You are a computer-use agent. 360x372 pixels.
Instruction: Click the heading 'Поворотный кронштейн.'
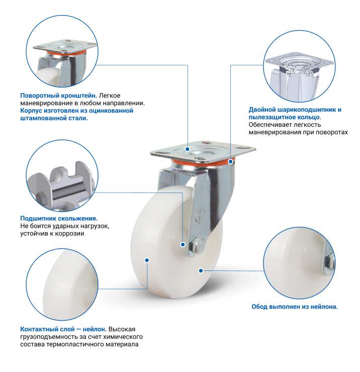[x=59, y=96]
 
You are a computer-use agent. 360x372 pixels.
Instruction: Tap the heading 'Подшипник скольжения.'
[x=59, y=219]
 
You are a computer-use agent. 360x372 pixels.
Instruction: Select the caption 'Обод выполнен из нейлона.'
[x=295, y=307]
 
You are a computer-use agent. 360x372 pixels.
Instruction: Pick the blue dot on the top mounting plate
[x=188, y=149]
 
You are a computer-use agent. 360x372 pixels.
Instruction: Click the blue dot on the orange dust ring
[x=230, y=161]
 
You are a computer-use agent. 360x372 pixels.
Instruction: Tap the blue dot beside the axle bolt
[x=183, y=244]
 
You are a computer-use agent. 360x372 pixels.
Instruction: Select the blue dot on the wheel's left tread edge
[x=147, y=260]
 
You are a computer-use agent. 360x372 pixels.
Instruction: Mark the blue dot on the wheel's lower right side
[x=201, y=270]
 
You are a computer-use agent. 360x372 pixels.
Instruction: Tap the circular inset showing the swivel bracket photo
[x=62, y=51]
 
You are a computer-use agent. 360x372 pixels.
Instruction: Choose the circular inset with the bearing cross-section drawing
[x=300, y=66]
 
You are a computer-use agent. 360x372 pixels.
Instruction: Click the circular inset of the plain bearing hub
[x=62, y=176]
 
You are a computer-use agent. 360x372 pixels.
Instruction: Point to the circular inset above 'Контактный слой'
[x=62, y=285]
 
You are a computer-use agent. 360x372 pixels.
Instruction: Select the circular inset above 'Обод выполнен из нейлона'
[x=300, y=263]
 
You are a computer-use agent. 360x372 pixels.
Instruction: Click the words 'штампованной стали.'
[x=54, y=118]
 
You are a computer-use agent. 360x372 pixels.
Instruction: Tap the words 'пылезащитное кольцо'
[x=284, y=117]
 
